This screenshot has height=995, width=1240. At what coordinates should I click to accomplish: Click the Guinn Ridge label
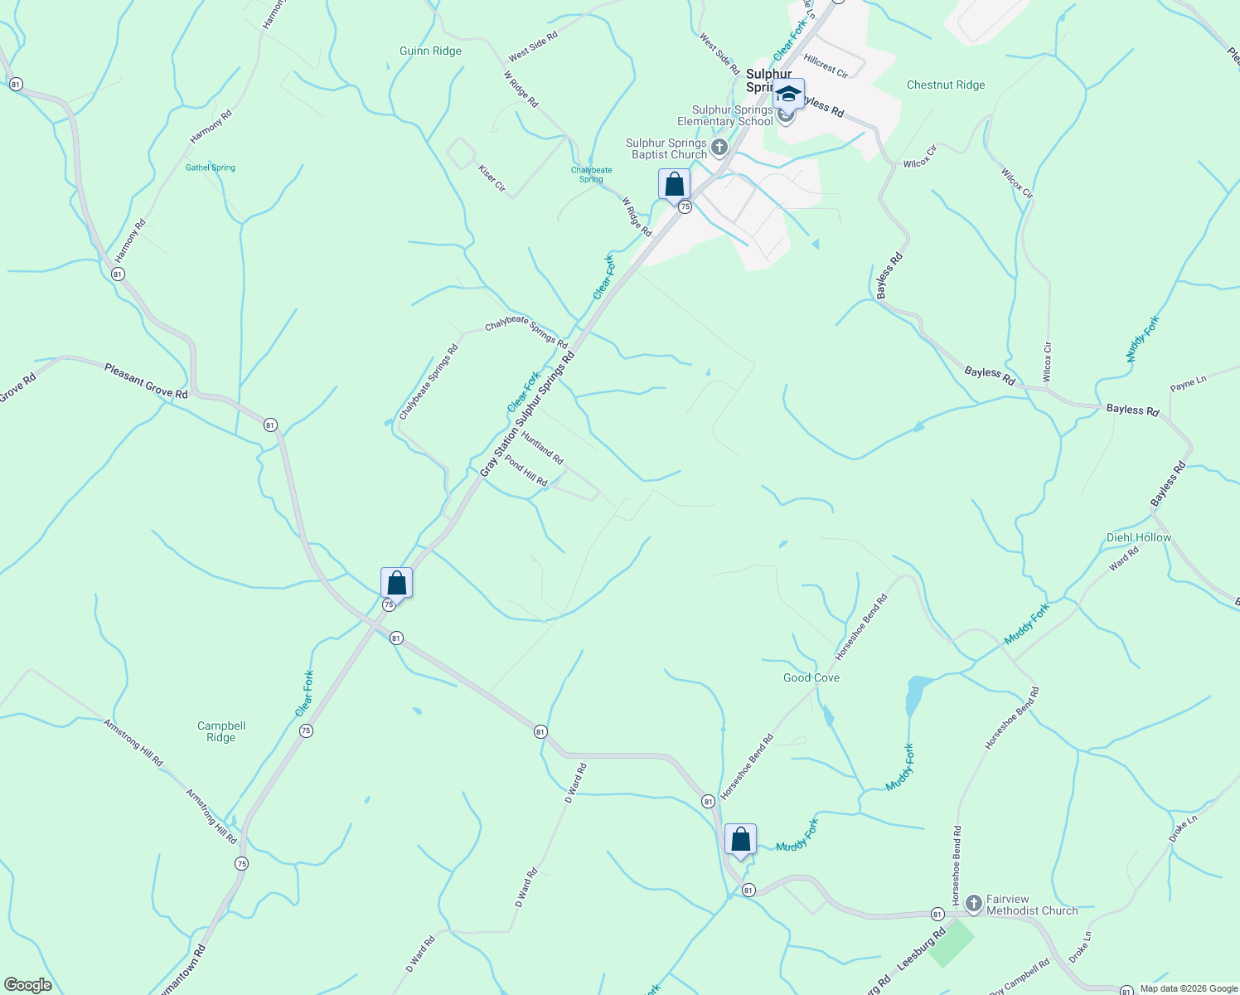430,51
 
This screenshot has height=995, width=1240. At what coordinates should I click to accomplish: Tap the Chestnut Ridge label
946,85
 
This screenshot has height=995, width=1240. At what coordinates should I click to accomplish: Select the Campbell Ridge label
221,731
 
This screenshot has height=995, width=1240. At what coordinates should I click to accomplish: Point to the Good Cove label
811,678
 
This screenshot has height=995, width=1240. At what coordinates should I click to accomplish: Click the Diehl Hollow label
1139,538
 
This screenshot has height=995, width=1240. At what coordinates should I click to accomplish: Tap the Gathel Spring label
211,167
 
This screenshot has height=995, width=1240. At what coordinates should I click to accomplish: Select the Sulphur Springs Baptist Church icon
719,148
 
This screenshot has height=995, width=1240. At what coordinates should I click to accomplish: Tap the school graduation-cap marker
788,95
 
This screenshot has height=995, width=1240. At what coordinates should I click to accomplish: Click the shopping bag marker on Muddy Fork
740,840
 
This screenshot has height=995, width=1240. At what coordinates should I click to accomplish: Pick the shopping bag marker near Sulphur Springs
674,185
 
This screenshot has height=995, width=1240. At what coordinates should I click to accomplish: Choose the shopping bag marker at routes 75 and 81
396,584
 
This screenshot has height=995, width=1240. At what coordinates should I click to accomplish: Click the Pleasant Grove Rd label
146,381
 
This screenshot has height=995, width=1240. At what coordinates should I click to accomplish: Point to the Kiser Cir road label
492,177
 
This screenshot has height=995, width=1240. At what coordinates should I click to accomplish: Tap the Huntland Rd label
542,447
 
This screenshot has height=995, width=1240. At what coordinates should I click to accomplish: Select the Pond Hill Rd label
526,471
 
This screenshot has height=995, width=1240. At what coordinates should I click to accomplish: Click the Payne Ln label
1188,384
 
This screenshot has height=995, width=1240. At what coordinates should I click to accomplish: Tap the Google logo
28,985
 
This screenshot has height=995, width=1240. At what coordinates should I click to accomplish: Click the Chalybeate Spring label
591,174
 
